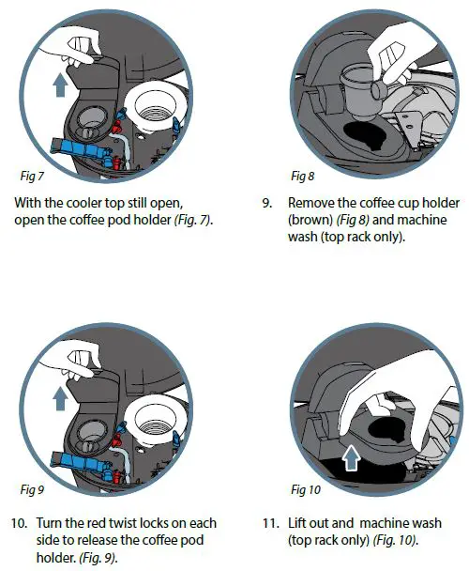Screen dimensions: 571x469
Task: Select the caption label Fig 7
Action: [x=32, y=176]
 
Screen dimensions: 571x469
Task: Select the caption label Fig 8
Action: [x=303, y=176]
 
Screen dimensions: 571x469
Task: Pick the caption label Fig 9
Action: [x=32, y=488]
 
